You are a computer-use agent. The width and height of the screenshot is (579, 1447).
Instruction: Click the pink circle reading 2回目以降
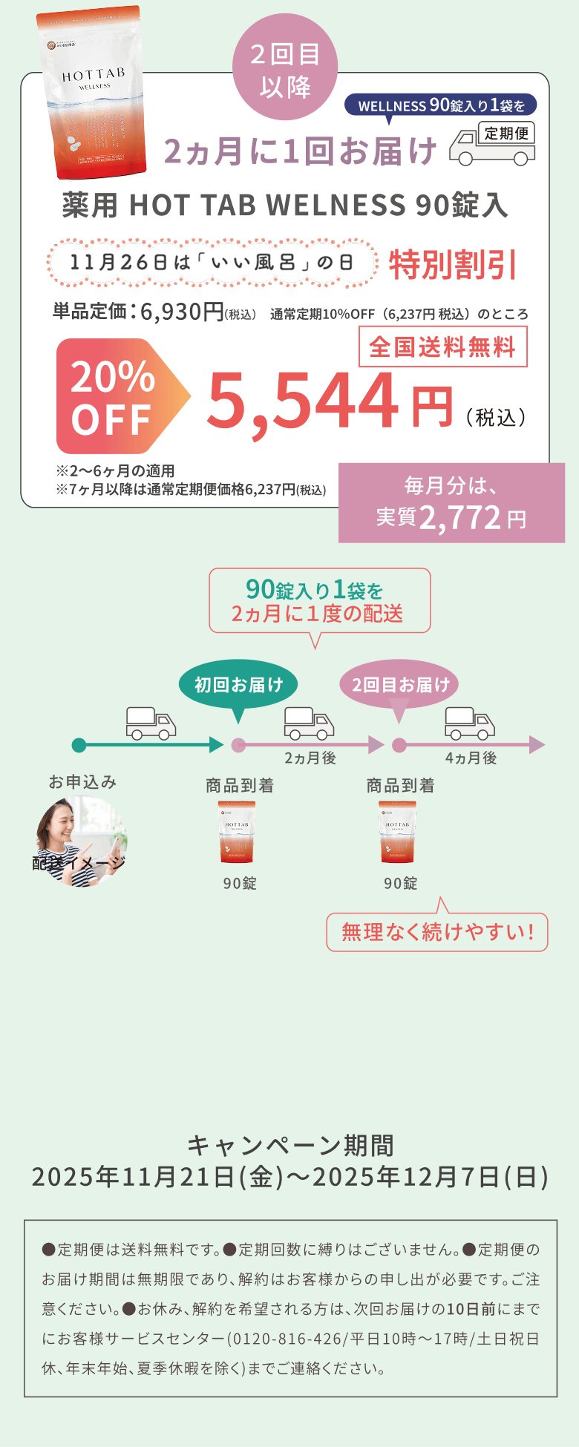(x=285, y=70)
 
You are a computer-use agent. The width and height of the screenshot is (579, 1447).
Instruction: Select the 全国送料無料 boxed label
(x=442, y=347)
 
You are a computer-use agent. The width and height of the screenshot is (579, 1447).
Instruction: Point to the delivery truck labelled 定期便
(x=493, y=143)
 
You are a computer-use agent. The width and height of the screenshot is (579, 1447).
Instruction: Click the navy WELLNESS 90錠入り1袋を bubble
(x=441, y=105)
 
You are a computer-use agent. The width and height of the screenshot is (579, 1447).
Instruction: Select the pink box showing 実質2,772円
(x=451, y=502)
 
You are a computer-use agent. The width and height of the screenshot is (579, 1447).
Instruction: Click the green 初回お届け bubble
(x=238, y=684)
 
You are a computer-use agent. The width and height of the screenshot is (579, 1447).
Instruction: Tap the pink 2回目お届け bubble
(x=399, y=684)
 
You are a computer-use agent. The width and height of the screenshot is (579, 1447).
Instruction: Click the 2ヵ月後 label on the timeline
(x=310, y=758)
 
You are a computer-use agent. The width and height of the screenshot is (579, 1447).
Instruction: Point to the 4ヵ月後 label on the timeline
(x=471, y=758)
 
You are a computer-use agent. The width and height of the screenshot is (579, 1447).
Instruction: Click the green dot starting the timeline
(x=79, y=745)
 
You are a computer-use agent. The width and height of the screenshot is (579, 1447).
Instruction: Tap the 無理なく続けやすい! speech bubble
(x=437, y=932)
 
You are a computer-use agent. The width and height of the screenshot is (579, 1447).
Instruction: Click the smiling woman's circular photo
(x=82, y=841)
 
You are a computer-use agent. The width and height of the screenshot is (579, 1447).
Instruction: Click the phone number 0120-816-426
(x=284, y=1339)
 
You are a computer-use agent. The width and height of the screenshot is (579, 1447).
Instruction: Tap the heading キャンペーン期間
(x=290, y=1146)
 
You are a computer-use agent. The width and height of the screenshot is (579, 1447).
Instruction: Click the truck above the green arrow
(x=151, y=723)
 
